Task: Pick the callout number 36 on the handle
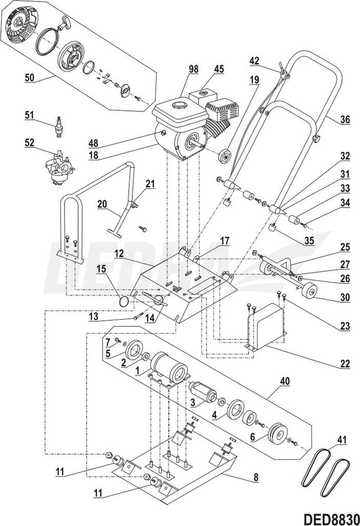click(345, 120)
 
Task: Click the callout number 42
click(255, 59)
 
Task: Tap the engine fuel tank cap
click(179, 105)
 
